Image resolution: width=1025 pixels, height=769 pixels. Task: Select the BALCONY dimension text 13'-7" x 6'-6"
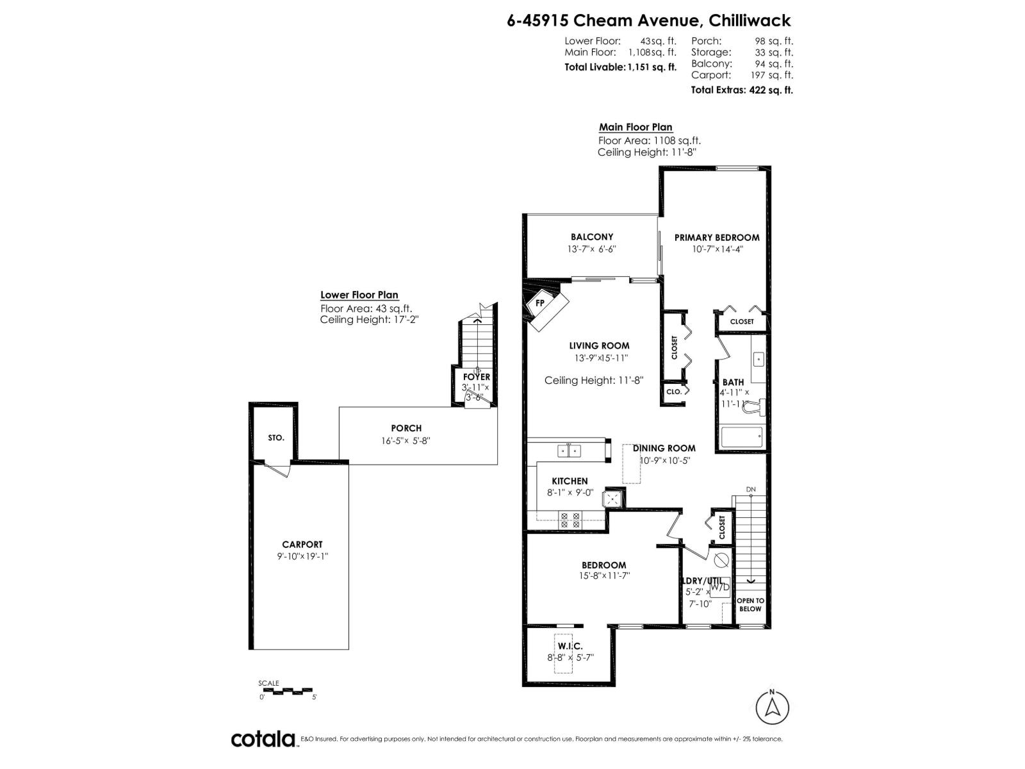click(x=592, y=249)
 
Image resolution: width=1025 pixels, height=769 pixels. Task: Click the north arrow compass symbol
click(x=772, y=708)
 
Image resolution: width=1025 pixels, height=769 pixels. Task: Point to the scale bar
click(x=287, y=691)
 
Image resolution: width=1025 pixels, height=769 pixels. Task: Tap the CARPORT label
click(x=302, y=545)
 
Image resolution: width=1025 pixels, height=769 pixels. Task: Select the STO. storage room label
click(x=276, y=438)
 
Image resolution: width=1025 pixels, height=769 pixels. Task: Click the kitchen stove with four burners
click(x=570, y=520)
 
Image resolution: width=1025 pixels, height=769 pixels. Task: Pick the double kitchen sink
click(x=568, y=451)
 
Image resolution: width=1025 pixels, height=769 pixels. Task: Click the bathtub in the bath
click(x=741, y=438)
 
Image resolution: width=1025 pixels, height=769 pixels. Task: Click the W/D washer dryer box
click(x=719, y=588)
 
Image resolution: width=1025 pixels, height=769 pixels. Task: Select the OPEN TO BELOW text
click(x=750, y=605)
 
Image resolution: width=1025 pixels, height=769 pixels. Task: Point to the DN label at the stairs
click(x=751, y=490)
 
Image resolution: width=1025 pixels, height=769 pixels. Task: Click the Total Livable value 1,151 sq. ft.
click(x=652, y=67)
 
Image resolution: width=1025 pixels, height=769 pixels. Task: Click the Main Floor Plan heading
click(x=635, y=128)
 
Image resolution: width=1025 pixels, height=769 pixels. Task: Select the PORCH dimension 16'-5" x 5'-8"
click(x=406, y=440)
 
